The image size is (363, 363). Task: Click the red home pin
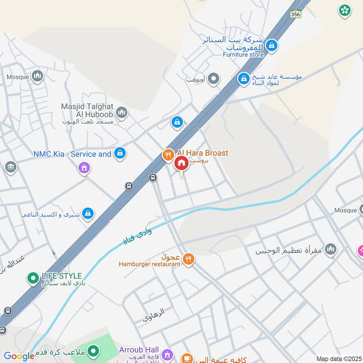click(x=181, y=163)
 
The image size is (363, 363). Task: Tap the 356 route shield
click(x=296, y=14)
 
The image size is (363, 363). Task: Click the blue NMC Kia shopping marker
click(x=120, y=153)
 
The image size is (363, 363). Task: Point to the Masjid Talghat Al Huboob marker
click(x=121, y=112)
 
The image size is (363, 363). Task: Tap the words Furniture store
click(x=243, y=54)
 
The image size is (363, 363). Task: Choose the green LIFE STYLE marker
click(x=33, y=278)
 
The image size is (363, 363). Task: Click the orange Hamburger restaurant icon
click(x=189, y=259)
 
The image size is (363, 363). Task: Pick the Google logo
click(x=19, y=356)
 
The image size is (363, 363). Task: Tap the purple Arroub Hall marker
click(x=167, y=353)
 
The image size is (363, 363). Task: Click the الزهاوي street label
click(x=154, y=314)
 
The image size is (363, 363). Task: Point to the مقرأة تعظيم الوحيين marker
click(x=331, y=249)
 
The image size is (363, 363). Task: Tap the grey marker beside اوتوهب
click(x=214, y=79)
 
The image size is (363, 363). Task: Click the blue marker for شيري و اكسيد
click(x=88, y=212)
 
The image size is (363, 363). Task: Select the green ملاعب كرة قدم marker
click(x=93, y=350)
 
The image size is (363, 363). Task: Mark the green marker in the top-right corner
click(x=345, y=10)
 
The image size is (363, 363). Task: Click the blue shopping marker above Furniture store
click(x=272, y=45)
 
